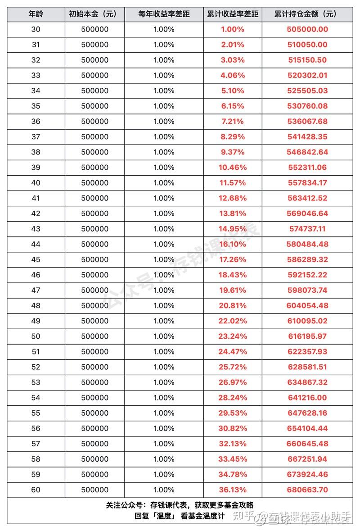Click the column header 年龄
tap(36, 14)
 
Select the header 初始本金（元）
tap(94, 14)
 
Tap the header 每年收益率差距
tap(164, 14)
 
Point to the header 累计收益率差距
tap(232, 14)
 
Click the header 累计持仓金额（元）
tap(307, 14)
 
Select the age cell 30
tap(36, 29)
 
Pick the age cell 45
tap(36, 259)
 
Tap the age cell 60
tap(36, 490)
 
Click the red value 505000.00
tap(307, 29)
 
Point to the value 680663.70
tap(307, 490)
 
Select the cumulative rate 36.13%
tap(232, 490)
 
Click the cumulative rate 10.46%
tap(232, 168)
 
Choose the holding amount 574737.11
tap(307, 229)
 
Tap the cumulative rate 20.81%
tap(232, 305)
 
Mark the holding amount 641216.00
tap(307, 398)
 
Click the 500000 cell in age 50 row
tap(94, 336)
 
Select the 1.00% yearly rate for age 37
tap(164, 136)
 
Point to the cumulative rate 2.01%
tap(232, 45)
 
